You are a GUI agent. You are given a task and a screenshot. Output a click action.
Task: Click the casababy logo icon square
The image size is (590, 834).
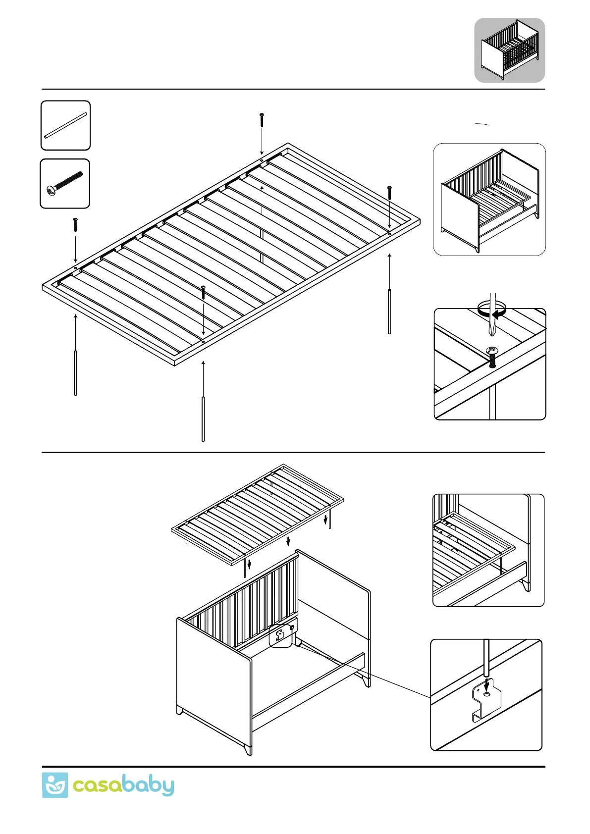[x=54, y=785]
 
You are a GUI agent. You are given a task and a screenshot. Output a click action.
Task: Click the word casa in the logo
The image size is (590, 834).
[x=97, y=786]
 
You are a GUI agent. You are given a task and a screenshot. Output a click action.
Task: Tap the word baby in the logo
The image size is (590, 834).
[x=148, y=786]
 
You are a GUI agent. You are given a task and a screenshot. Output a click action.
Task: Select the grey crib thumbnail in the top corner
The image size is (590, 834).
[x=509, y=50]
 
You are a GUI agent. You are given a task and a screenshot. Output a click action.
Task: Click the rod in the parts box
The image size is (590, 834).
[x=65, y=125]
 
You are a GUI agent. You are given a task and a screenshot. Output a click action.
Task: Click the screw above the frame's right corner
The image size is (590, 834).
[x=390, y=193]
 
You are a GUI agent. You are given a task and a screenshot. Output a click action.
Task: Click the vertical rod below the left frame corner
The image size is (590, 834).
[x=75, y=373]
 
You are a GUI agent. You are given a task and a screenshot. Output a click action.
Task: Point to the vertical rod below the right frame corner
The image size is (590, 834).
[x=389, y=312]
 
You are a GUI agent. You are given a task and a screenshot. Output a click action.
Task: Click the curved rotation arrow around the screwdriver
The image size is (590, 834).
[x=492, y=310]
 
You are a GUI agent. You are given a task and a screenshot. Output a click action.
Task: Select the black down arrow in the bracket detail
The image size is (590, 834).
[x=487, y=684]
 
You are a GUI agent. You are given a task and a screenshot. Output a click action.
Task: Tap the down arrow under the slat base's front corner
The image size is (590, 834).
[x=250, y=564]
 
